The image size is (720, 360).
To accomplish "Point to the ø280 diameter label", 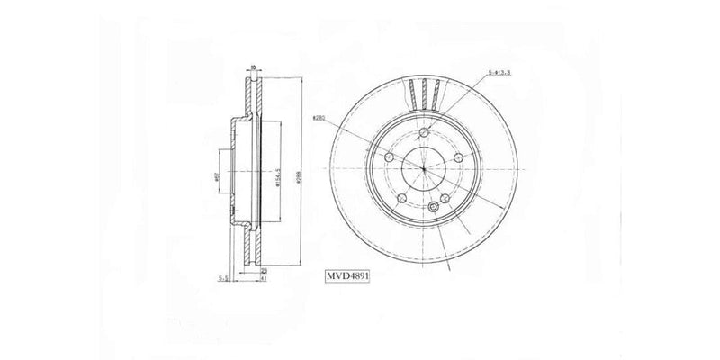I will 319,118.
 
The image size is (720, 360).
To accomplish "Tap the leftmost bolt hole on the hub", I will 389,158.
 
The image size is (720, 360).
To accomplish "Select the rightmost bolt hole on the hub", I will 458,159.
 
